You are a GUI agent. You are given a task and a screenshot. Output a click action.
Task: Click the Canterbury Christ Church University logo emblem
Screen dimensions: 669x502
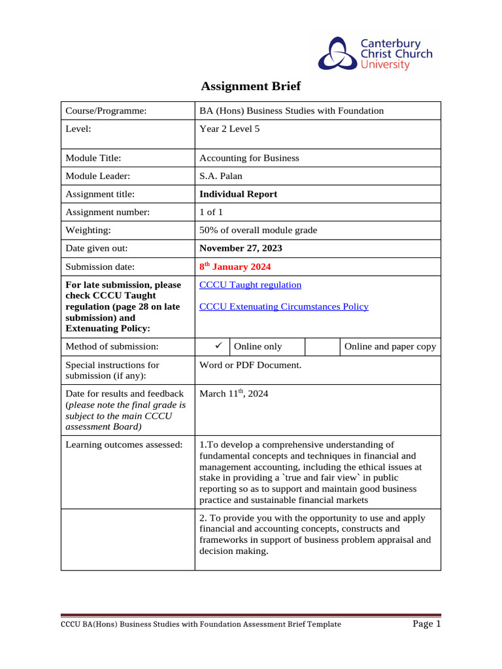click(x=337, y=54)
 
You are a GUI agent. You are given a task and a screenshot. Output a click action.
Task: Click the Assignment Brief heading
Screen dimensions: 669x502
click(x=250, y=86)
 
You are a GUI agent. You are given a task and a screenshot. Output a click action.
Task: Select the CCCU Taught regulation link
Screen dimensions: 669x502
click(x=250, y=285)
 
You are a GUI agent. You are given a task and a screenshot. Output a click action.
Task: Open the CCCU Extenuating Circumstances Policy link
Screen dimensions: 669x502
click(x=284, y=306)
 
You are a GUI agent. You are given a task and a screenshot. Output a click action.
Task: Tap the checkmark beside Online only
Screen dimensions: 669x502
click(x=212, y=346)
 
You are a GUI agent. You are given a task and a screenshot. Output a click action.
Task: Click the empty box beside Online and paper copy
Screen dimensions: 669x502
click(x=322, y=346)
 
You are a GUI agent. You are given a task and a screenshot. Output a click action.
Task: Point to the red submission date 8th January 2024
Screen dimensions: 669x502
click(x=235, y=267)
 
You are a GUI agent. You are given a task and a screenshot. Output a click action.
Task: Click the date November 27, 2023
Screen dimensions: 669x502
click(x=241, y=248)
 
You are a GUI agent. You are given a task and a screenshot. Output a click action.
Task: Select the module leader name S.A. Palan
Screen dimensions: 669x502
click(x=220, y=176)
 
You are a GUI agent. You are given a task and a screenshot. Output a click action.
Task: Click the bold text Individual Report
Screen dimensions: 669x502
click(x=238, y=194)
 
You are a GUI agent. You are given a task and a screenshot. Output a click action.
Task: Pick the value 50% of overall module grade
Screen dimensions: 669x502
click(x=258, y=230)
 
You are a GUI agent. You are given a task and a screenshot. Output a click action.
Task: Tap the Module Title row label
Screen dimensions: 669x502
click(x=93, y=157)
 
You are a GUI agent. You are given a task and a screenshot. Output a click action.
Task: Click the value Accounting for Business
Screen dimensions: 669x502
click(x=249, y=157)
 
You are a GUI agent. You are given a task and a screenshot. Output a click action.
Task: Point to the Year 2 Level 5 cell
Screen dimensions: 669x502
click(x=229, y=129)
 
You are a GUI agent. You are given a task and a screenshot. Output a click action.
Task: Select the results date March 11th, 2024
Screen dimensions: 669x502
click(x=233, y=394)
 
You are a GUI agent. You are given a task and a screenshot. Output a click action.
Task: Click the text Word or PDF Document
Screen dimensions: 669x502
click(x=250, y=365)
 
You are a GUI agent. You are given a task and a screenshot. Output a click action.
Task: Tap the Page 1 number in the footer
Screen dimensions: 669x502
click(x=427, y=624)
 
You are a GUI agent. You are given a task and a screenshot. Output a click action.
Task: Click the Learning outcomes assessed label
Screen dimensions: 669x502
click(x=124, y=445)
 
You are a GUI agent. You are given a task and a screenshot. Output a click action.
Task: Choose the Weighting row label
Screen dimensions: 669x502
click(x=88, y=230)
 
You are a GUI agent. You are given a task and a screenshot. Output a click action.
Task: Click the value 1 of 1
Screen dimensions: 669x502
click(x=211, y=212)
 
